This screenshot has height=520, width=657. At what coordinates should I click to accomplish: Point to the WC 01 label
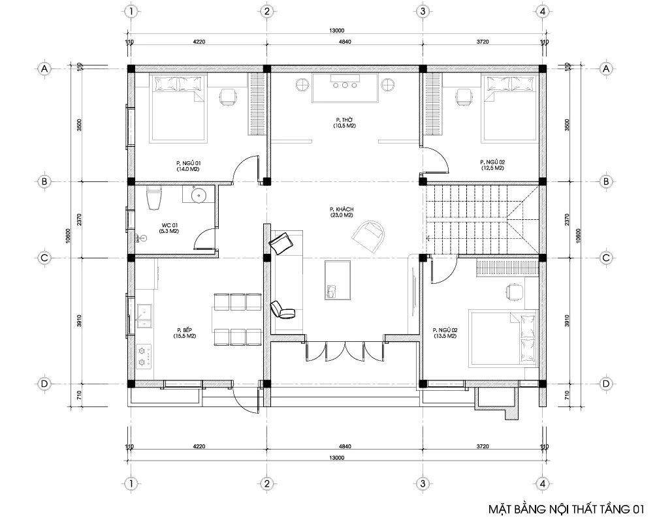(x=170, y=226)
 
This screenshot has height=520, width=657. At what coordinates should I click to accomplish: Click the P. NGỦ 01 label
(x=187, y=162)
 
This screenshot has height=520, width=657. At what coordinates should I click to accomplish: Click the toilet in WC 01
(x=153, y=198)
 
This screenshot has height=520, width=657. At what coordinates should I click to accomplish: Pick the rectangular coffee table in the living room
(x=336, y=279)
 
